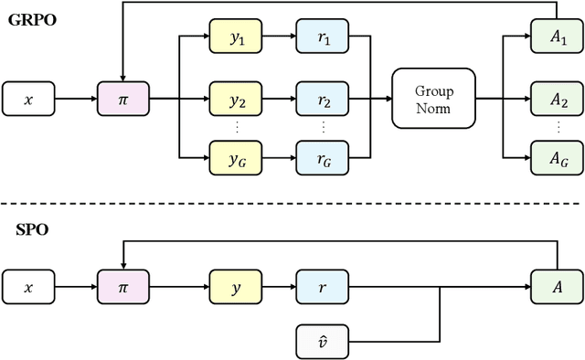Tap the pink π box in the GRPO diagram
point(122,95)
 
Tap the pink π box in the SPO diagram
point(122,286)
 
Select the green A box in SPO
point(554,286)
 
